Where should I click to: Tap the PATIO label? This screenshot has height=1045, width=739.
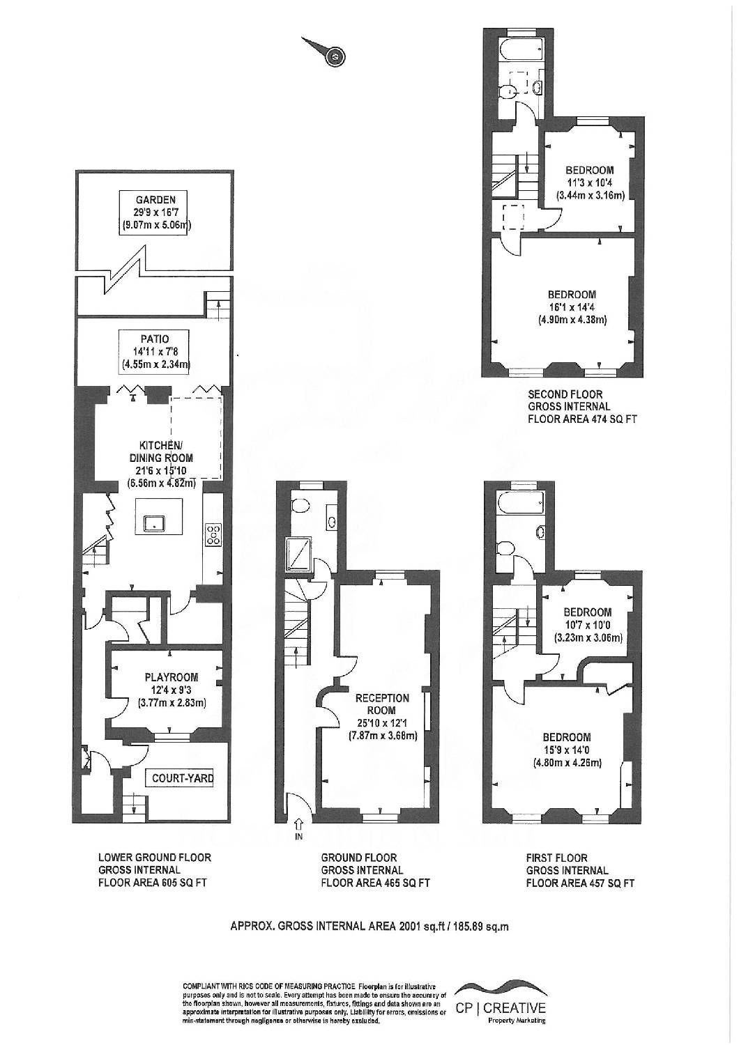pyautogui.click(x=151, y=339)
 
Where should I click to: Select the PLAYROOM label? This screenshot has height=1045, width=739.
pyautogui.click(x=172, y=676)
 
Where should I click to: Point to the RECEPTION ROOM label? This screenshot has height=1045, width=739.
pyautogui.click(x=382, y=704)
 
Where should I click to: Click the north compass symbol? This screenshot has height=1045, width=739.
pyautogui.click(x=335, y=56)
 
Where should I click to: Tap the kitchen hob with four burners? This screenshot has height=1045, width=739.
pyautogui.click(x=213, y=534)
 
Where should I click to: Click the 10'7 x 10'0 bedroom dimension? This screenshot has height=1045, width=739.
pyautogui.click(x=588, y=625)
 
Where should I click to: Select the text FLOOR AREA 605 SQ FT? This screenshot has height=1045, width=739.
pyautogui.click(x=152, y=883)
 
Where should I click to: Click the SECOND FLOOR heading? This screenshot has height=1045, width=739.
pyautogui.click(x=565, y=394)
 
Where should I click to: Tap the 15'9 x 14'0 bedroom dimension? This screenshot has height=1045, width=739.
pyautogui.click(x=566, y=750)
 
